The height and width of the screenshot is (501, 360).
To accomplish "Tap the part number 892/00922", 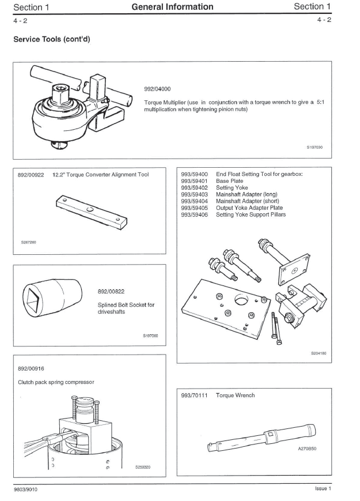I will point(29,175).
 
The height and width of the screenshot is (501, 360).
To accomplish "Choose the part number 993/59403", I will point(194,194).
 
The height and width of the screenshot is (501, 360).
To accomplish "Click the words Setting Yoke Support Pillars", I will point(251,215).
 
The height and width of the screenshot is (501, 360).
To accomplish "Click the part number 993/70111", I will point(194,395).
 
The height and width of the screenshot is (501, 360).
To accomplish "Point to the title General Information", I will point(172,7).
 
